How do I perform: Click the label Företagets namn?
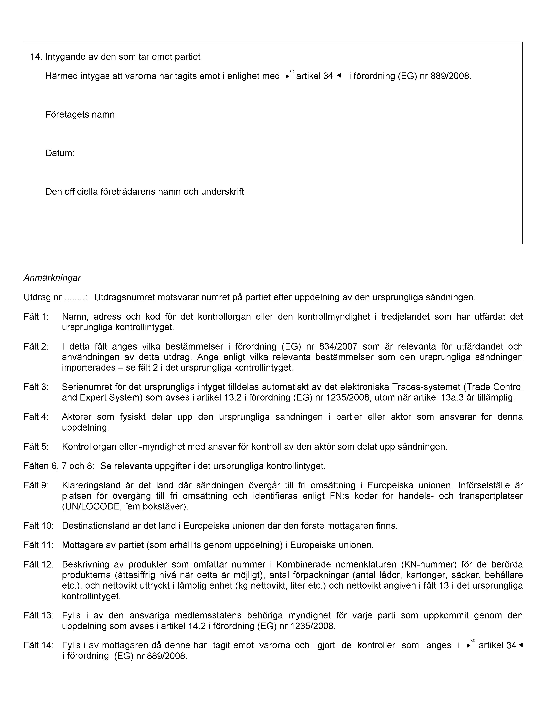(80, 115)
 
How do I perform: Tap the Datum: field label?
(60, 153)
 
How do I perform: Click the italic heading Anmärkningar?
(52, 278)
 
